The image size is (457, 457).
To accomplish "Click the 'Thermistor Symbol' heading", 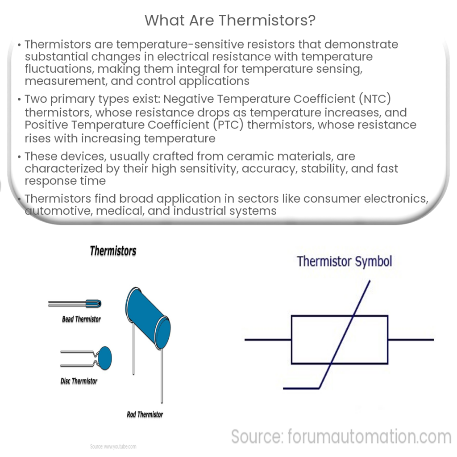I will click(x=344, y=262).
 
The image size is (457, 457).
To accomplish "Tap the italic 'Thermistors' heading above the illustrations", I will click(x=113, y=251).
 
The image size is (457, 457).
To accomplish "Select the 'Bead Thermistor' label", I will click(x=81, y=320).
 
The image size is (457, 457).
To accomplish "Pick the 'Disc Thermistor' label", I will click(x=79, y=381).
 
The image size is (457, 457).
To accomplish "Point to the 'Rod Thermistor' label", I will click(x=145, y=415).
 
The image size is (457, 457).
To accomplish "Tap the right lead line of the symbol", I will click(x=411, y=340).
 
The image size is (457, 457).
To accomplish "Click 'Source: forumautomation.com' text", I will click(x=341, y=437).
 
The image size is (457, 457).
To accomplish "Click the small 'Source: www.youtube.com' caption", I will click(x=113, y=446).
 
